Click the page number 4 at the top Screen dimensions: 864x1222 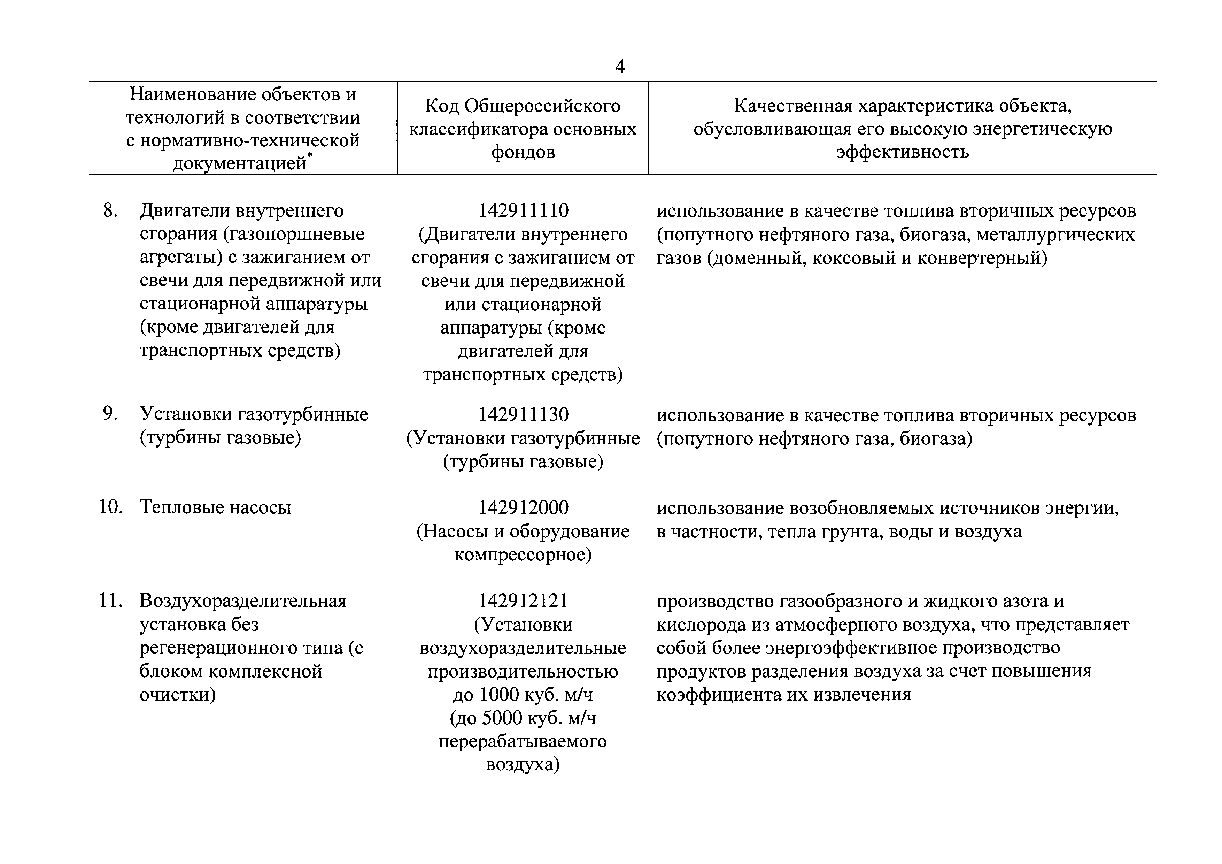(619, 67)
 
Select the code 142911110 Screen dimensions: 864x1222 (523, 211)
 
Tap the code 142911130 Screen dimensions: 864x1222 (523, 415)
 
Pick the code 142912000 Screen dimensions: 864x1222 (523, 508)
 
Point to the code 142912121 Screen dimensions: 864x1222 (523, 601)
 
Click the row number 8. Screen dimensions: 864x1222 (110, 211)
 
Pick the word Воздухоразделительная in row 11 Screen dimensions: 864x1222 (243, 601)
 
